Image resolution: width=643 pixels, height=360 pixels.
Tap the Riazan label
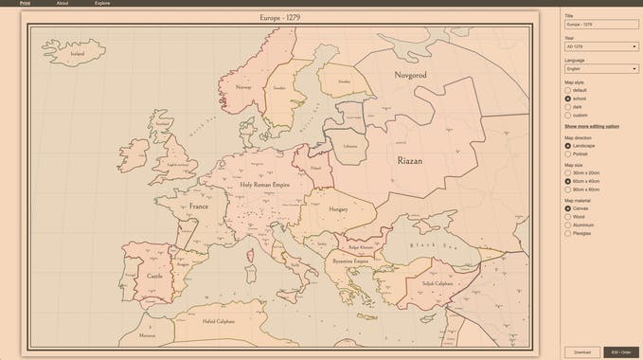[410, 161]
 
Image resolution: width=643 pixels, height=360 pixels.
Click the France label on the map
[198, 206]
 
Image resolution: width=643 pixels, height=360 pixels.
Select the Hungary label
[338, 208]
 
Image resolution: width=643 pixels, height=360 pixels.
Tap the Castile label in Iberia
[154, 276]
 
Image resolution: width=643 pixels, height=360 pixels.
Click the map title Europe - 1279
[279, 17]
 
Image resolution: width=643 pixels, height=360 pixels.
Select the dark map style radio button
[568, 107]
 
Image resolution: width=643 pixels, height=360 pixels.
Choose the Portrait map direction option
[568, 154]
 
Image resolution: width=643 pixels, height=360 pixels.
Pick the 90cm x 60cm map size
[568, 189]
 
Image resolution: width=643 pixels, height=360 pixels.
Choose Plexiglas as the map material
[568, 233]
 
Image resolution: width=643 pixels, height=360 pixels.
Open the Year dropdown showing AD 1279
[601, 46]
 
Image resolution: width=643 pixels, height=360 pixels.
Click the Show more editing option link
[592, 126]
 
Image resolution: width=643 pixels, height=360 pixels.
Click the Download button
[581, 352]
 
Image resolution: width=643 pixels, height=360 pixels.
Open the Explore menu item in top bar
[102, 4]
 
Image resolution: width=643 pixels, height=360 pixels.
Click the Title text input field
[601, 24]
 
